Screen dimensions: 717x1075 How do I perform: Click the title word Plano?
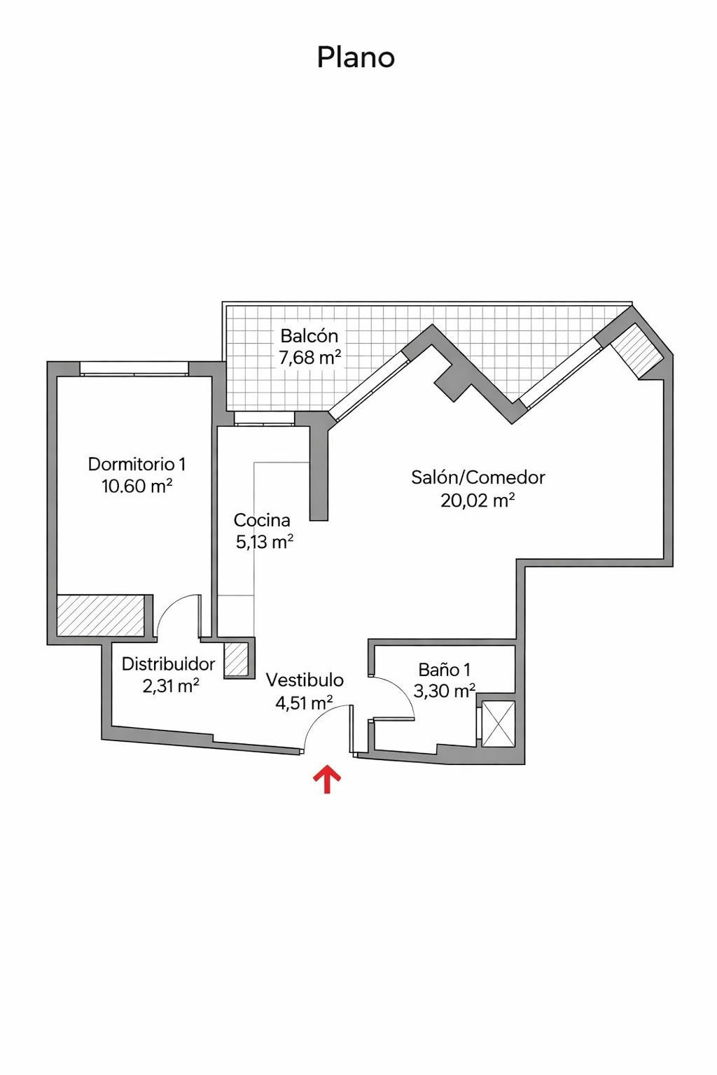(356, 57)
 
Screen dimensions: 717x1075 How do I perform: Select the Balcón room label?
(309, 336)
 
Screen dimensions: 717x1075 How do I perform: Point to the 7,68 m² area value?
(309, 358)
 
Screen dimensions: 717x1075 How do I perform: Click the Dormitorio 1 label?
(137, 464)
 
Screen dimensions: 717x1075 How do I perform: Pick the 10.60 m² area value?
(137, 486)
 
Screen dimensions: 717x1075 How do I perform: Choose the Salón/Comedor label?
(478, 477)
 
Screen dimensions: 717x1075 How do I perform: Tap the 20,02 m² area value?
(478, 500)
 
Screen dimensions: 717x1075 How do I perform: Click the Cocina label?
(262, 520)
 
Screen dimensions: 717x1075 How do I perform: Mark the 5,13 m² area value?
(265, 542)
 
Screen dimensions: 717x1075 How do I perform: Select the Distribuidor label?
(168, 664)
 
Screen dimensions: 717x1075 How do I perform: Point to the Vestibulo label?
(305, 680)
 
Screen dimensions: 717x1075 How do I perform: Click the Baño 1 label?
(444, 670)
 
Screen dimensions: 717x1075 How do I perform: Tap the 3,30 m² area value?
(444, 691)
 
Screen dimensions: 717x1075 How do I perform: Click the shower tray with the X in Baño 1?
(498, 724)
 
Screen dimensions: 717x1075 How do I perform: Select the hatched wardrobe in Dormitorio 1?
(100, 616)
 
